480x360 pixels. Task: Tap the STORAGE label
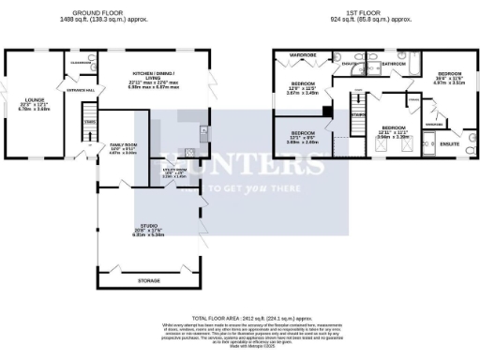tap(148, 279)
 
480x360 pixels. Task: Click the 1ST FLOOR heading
tap(355, 13)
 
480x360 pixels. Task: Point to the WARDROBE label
tap(303, 55)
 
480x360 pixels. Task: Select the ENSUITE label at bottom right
tap(449, 144)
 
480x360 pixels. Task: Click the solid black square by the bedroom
tap(326, 111)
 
